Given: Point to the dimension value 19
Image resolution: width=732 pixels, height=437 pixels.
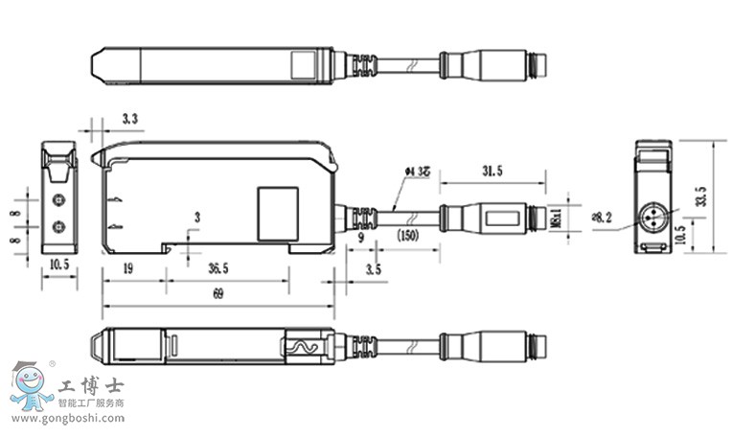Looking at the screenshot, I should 127,269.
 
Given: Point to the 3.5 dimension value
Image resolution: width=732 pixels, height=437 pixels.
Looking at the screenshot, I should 373,269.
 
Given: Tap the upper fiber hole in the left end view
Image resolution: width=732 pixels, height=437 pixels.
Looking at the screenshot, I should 58,199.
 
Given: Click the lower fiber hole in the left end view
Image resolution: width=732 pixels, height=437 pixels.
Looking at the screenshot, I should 58,226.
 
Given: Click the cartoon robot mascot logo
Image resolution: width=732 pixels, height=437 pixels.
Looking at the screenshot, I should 31,389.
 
